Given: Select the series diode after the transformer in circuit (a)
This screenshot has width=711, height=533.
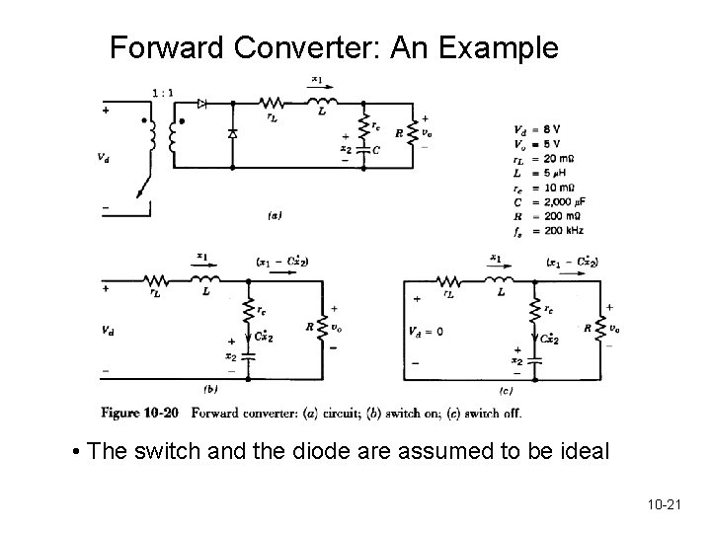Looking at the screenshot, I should point(201,102).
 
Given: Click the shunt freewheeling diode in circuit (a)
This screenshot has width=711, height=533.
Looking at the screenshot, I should point(232,133).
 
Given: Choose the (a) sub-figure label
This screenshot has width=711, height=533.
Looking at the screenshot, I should point(275,214).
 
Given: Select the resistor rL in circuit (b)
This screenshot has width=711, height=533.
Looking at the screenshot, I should point(154,280).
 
